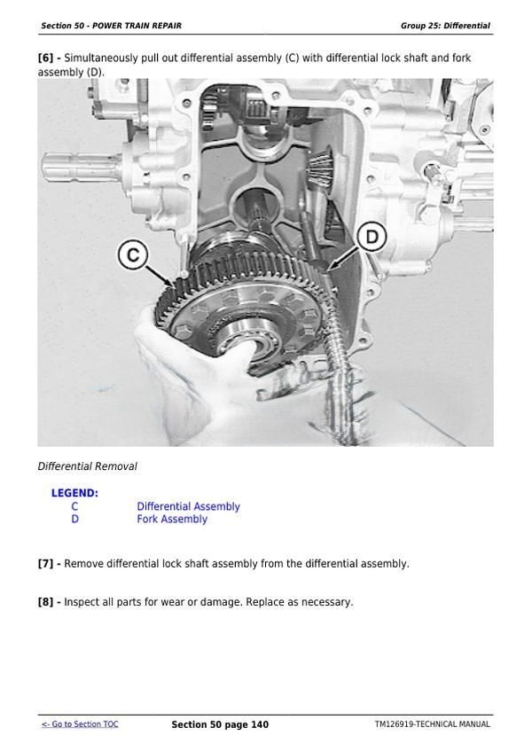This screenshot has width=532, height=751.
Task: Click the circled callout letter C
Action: (x=132, y=255)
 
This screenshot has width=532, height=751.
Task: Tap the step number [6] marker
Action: (x=49, y=59)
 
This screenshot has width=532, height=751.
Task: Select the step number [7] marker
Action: (x=49, y=564)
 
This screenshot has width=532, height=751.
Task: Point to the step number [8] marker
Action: (x=49, y=602)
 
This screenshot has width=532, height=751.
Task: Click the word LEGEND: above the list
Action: (x=74, y=493)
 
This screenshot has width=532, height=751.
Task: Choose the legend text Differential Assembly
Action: (x=188, y=507)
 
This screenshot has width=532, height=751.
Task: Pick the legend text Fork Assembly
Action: (x=172, y=520)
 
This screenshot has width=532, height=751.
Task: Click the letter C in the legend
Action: (x=74, y=507)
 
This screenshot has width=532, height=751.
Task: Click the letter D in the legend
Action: (x=74, y=520)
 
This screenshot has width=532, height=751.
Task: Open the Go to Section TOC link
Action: (x=79, y=724)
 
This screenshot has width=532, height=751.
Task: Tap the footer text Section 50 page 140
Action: (x=220, y=724)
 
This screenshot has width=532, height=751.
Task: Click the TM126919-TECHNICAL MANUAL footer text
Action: (x=432, y=724)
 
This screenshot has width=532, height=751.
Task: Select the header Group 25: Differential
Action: (x=445, y=26)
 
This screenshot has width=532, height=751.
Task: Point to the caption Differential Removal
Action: (x=87, y=466)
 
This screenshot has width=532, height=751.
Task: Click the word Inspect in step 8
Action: (x=82, y=602)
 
